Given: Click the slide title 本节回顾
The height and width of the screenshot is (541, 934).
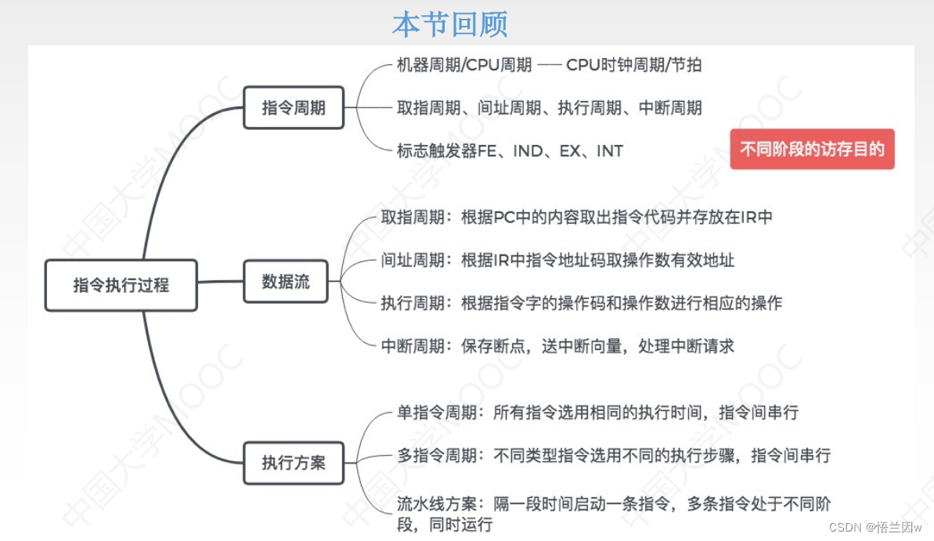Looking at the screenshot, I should click(x=449, y=23).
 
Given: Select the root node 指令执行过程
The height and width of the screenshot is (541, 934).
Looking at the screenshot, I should click(x=121, y=285).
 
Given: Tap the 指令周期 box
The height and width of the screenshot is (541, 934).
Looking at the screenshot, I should click(x=294, y=107).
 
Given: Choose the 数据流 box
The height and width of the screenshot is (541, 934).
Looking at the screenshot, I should click(x=286, y=282).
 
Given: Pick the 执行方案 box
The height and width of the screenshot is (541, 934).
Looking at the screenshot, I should click(x=294, y=463).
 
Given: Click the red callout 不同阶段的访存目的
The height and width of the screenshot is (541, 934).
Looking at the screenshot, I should click(x=812, y=149).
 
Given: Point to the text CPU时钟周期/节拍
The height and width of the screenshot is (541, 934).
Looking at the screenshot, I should click(x=633, y=65).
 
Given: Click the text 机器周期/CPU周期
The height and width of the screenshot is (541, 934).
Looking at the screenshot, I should click(x=464, y=65).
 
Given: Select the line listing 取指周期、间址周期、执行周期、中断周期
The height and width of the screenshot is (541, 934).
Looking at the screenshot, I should click(x=549, y=108).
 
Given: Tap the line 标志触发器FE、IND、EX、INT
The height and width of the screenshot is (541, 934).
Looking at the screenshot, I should click(x=510, y=150).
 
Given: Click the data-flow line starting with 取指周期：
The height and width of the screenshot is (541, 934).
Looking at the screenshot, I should click(x=576, y=217).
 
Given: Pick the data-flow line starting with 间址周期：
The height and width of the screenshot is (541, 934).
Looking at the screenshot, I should click(x=557, y=260).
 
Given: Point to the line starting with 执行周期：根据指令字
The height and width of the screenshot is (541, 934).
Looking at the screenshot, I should click(x=581, y=303).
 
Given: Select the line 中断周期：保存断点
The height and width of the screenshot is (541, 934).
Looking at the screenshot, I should click(x=557, y=345).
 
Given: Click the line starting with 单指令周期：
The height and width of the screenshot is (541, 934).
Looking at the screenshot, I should click(x=597, y=412).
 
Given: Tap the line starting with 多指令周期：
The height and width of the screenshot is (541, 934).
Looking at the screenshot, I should click(x=614, y=455).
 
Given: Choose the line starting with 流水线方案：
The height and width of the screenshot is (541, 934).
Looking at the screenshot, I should click(x=614, y=514).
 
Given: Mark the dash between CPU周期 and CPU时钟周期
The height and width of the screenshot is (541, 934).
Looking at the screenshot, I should click(x=549, y=66).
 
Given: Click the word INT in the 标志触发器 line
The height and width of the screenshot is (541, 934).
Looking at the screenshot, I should click(x=609, y=150).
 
